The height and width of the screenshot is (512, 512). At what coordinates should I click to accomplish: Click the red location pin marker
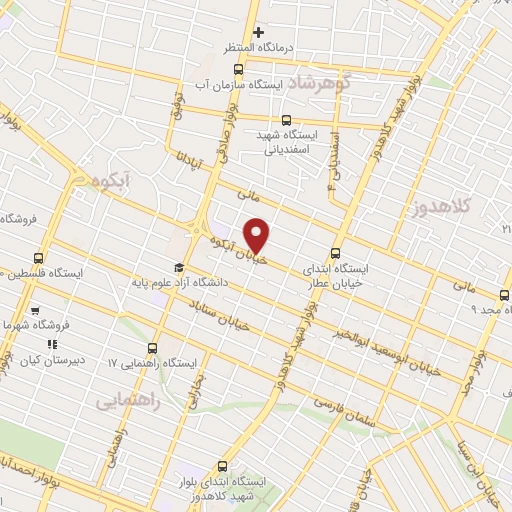(257, 234)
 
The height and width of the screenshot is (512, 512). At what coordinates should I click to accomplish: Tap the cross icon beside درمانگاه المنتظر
(258, 33)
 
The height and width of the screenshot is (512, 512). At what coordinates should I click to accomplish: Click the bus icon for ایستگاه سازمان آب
(238, 69)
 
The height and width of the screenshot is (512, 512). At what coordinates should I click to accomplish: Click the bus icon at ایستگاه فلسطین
(39, 257)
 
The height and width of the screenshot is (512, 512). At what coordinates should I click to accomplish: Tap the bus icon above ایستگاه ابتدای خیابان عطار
(335, 254)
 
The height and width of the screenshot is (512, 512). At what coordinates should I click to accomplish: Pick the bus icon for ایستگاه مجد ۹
(503, 294)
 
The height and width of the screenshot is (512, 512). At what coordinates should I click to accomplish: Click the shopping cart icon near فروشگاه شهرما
(35, 311)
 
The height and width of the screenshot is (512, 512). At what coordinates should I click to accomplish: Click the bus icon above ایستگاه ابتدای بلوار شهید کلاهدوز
(221, 466)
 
